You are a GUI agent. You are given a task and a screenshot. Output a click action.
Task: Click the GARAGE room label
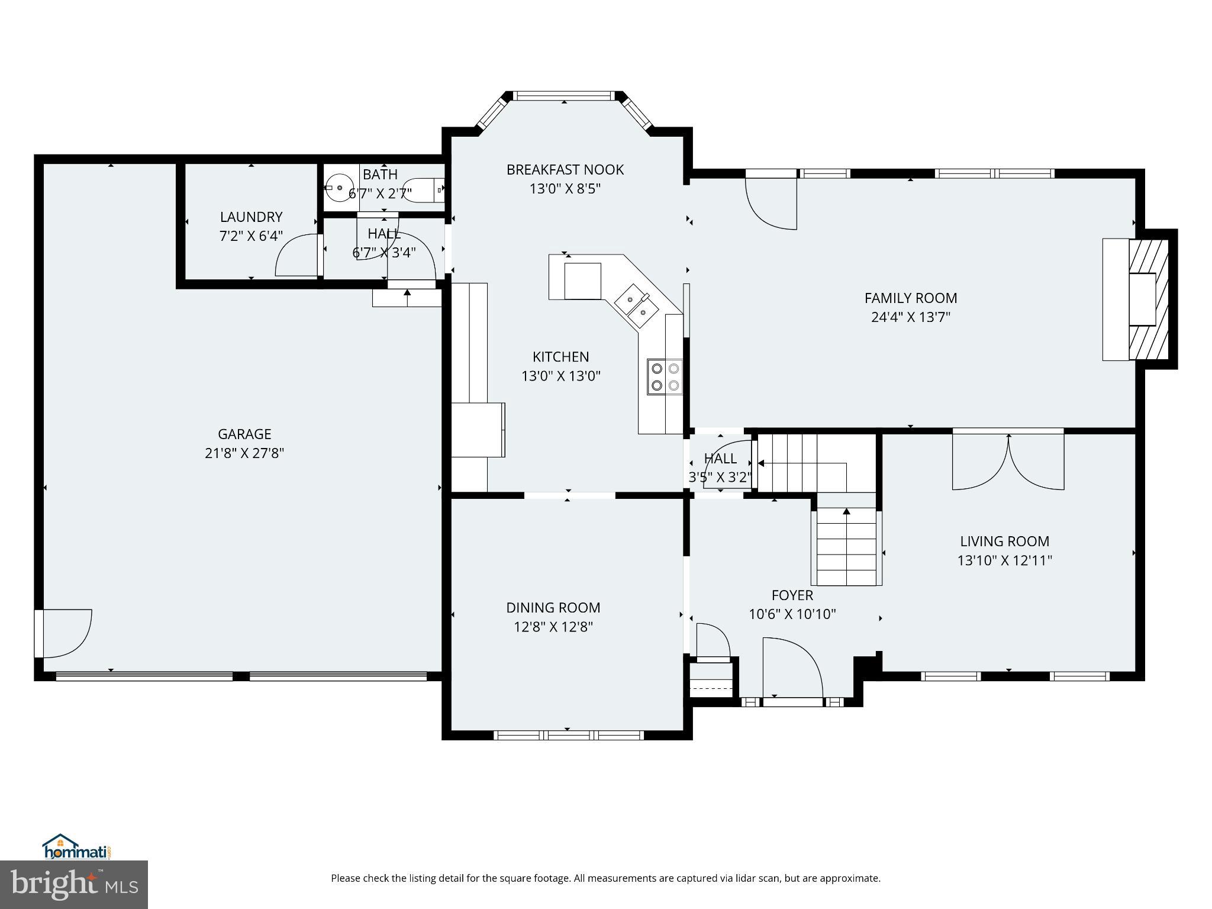[244, 434]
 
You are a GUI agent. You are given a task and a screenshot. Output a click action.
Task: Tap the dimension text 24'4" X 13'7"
[910, 317]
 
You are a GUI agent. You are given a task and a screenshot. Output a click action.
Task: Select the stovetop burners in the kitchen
[665, 377]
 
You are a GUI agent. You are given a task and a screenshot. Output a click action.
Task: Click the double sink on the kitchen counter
[636, 305]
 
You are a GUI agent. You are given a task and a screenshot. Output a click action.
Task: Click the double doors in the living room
[1008, 462]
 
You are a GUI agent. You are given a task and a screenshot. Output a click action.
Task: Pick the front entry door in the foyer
[792, 669]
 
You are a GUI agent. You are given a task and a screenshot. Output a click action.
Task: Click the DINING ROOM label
[553, 608]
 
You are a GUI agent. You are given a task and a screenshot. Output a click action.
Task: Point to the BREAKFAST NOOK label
[565, 170]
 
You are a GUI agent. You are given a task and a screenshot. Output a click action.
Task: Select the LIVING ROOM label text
[1004, 541]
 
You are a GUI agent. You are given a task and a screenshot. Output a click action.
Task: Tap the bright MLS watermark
[74, 885]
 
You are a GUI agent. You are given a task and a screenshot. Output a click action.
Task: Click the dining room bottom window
[568, 735]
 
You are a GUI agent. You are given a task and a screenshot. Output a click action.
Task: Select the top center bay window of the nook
[564, 95]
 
